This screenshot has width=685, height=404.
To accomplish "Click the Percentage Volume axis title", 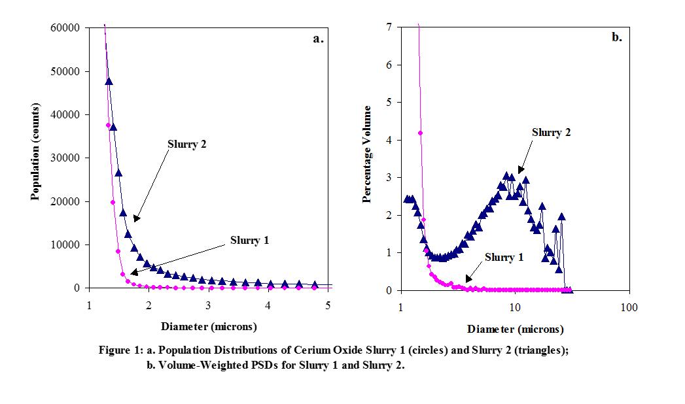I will (x=368, y=154).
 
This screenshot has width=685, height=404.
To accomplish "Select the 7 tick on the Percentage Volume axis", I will (x=389, y=27).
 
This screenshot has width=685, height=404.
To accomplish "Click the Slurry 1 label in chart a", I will (x=249, y=241).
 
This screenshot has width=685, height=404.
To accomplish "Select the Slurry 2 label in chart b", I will (x=551, y=133).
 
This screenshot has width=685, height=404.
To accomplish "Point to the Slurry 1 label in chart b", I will (x=504, y=257).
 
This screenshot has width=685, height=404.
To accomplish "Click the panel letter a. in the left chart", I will (x=318, y=38).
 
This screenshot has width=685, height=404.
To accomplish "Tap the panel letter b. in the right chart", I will (x=616, y=37).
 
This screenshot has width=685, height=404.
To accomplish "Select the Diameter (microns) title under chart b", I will (x=515, y=329).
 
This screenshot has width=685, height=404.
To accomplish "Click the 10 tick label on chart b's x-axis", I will (x=515, y=307).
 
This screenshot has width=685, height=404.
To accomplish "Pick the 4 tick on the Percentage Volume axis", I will (x=389, y=140).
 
